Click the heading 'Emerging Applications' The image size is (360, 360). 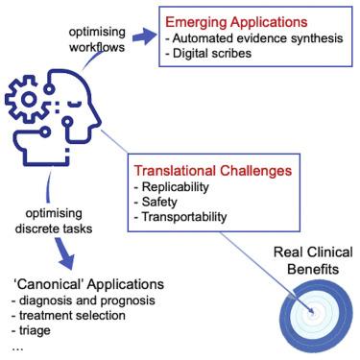point(236,22)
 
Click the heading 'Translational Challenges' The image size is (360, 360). point(213,171)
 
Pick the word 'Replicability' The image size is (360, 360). point(176,186)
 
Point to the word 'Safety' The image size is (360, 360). point(159,202)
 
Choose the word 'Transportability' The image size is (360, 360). point(184,217)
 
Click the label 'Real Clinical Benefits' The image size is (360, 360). point(313,260)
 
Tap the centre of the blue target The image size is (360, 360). point(314,313)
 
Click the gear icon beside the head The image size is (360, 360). point(27,99)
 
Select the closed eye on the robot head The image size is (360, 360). point(76,104)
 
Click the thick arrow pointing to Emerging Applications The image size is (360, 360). point(144,36)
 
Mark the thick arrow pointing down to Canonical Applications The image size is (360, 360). point(65,253)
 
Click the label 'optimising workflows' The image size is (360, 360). point(97,39)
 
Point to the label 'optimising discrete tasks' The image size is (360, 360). point(54,221)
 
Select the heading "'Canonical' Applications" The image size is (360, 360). point(88,284)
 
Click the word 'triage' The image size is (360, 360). point(35,330)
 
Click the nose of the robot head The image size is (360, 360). point(97,121)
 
